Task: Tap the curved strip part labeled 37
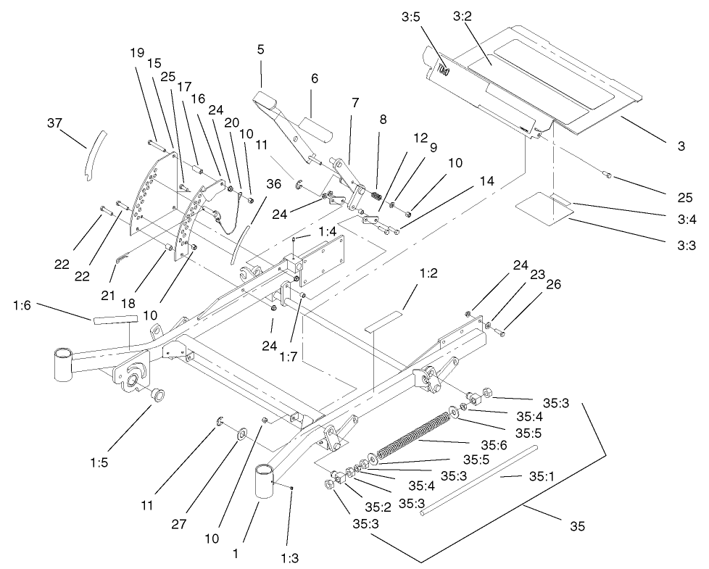pos(91,150)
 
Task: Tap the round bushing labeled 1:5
pos(155,394)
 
